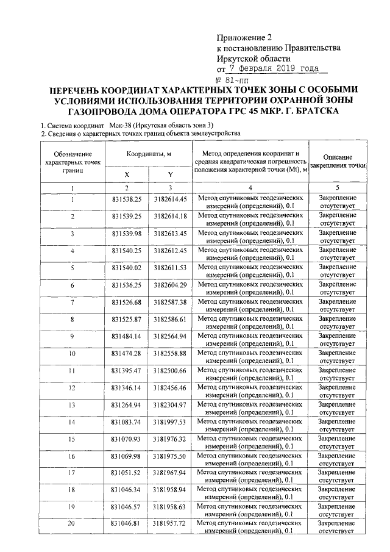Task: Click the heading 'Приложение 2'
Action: point(243,37)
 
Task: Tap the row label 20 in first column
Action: point(72,524)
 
